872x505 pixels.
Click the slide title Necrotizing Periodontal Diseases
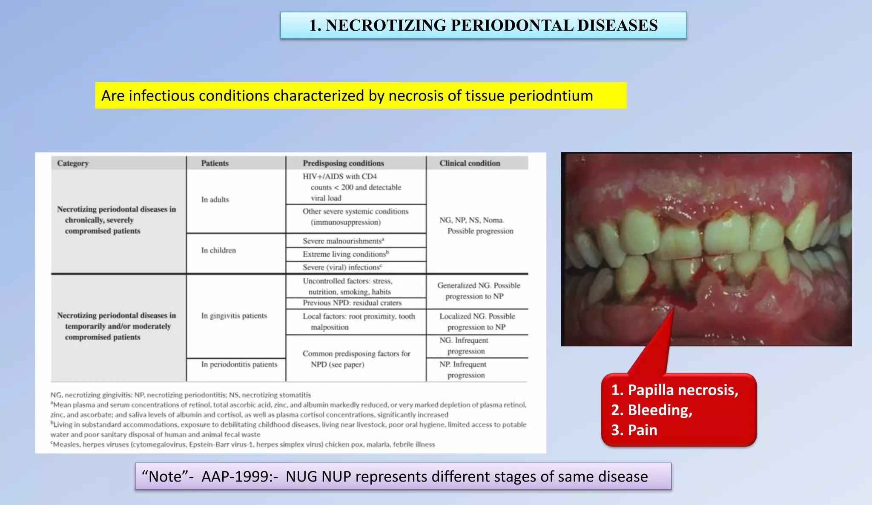pyautogui.click(x=483, y=26)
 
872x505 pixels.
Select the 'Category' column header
pyautogui.click(x=73, y=164)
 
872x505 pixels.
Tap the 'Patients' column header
pyautogui.click(x=215, y=164)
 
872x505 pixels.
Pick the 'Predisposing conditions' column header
pyautogui.click(x=343, y=164)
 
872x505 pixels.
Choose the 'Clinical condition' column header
pyautogui.click(x=470, y=164)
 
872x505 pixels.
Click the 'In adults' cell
pyautogui.click(x=215, y=200)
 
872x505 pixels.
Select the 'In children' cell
pyautogui.click(x=218, y=250)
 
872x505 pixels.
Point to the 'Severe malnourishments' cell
pyautogui.click(x=343, y=241)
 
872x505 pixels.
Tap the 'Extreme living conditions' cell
pyautogui.click(x=345, y=254)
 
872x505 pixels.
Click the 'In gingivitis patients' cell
pyautogui.click(x=234, y=316)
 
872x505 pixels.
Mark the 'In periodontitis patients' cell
pyautogui.click(x=239, y=364)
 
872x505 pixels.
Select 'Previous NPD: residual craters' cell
pyautogui.click(x=352, y=303)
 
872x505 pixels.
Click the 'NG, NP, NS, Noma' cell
pyautogui.click(x=472, y=220)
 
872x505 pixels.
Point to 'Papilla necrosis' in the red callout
pyautogui.click(x=683, y=390)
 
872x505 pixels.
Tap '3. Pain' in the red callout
pyautogui.click(x=634, y=430)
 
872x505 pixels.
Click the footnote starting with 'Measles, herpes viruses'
pyautogui.click(x=243, y=445)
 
